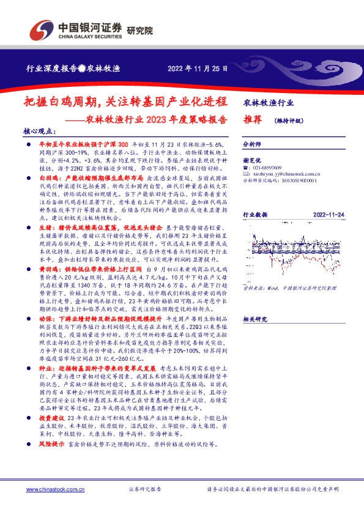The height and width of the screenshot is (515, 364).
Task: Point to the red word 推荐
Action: pos(253,120)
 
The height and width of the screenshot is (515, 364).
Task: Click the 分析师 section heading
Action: pos(252,145)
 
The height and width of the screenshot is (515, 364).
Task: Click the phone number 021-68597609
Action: pos(266,167)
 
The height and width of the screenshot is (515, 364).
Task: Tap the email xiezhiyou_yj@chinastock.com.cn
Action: pos(284,174)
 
